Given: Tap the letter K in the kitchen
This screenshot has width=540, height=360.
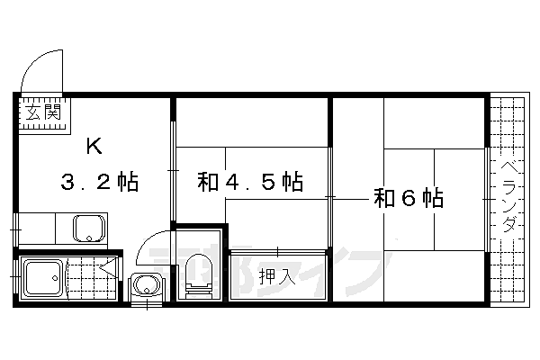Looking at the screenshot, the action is pyautogui.click(x=94, y=146).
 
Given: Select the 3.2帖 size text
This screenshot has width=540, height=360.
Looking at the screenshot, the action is pyautogui.click(x=99, y=183).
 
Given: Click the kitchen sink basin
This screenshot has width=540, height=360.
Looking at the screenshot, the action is pyautogui.click(x=87, y=229).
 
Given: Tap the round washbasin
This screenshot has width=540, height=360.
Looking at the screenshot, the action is pyautogui.click(x=144, y=286).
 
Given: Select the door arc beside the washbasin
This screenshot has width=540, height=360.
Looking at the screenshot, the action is pyautogui.click(x=149, y=247).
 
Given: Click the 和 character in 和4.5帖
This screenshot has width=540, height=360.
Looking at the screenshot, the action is pyautogui.click(x=208, y=181).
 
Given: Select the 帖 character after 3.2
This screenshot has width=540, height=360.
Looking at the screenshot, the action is pyautogui.click(x=126, y=183).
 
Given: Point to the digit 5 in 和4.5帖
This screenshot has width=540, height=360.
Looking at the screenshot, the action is pyautogui.click(x=265, y=181).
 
